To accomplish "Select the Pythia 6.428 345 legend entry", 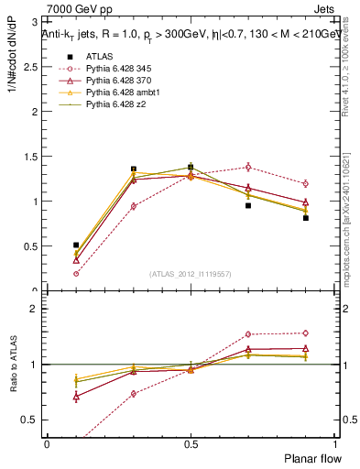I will [x=119, y=69].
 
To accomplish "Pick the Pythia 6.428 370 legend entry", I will [x=119, y=82].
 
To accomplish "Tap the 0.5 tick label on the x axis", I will [x=191, y=443].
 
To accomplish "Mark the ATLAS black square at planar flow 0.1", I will [x=76, y=245].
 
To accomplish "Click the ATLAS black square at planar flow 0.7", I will [x=248, y=205].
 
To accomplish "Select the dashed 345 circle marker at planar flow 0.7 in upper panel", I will [x=248, y=167].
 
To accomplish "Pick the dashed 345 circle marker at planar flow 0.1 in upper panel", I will [x=76, y=273].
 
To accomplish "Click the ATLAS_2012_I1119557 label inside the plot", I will [x=191, y=275].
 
